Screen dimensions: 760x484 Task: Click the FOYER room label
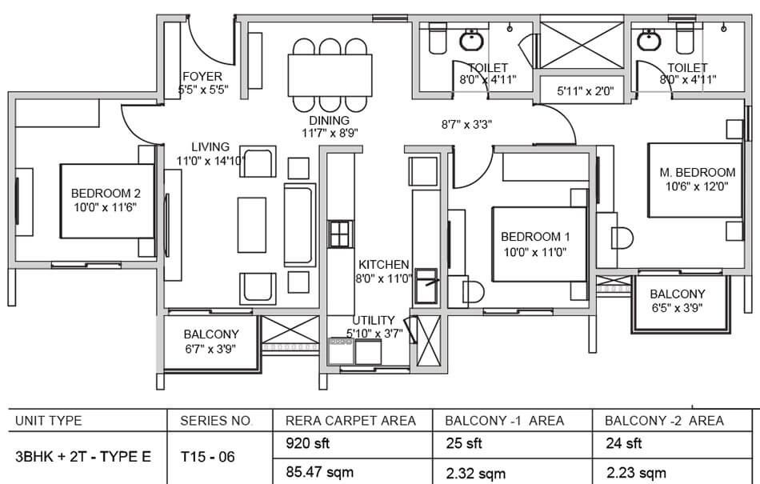pos(202,77)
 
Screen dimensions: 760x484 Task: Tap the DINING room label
pos(329,121)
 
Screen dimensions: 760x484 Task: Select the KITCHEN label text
pos(384,265)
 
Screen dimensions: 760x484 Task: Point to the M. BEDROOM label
pos(697,173)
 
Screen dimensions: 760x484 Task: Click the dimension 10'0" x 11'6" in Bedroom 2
pos(105,208)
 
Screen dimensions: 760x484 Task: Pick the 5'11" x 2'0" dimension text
pos(586,90)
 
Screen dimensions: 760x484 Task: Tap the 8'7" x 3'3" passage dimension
pos(466,125)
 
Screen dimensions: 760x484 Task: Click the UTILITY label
pos(374,320)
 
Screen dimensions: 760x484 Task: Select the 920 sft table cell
pos(307,443)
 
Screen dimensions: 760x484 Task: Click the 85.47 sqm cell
pos(319,472)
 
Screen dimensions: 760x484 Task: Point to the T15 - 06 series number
pos(207,457)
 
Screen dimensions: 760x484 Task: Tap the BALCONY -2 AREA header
pos(664,421)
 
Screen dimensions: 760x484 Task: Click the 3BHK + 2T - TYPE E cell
pos(83,457)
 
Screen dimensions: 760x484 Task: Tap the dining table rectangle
pos(330,75)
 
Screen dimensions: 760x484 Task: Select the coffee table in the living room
pos(252,225)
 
